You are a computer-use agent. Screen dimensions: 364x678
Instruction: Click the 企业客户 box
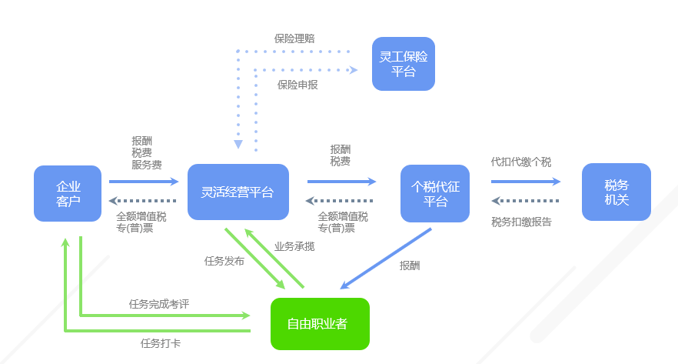[68, 193]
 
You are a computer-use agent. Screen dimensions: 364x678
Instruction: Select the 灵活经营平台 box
[238, 193]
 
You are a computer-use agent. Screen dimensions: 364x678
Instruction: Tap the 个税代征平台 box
[435, 193]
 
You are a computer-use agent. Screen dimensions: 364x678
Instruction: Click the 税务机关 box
[617, 192]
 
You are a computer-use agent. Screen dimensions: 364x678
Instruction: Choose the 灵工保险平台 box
[404, 64]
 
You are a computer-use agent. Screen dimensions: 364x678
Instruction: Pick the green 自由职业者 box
[320, 324]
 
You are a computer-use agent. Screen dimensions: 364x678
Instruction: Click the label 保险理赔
[294, 38]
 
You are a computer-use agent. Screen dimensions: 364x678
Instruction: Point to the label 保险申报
[297, 85]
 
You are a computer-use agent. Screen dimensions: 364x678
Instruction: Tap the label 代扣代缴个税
[520, 162]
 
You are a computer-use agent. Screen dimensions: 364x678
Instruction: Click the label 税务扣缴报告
[520, 222]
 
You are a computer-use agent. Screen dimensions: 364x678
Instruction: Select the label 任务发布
[224, 261]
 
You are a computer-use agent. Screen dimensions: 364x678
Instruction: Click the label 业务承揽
[294, 247]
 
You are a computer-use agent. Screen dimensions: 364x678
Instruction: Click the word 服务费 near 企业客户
[146, 165]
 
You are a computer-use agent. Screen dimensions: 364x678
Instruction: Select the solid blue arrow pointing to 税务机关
[526, 182]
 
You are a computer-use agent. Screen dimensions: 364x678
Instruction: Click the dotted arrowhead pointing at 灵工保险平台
[353, 70]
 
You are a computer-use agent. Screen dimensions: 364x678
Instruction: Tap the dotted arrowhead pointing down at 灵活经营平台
[238, 144]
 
